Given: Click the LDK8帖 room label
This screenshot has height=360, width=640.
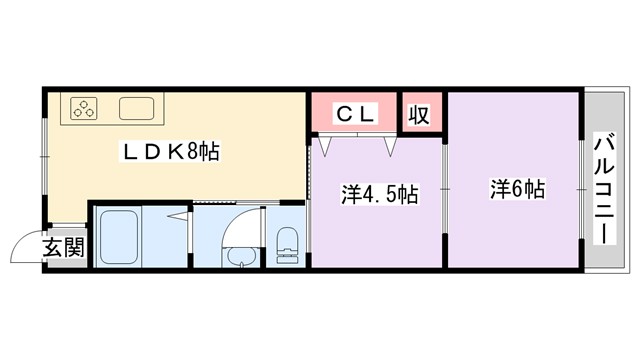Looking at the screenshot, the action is [170, 153].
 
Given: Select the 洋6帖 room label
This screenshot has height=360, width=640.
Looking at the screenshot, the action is [516, 188].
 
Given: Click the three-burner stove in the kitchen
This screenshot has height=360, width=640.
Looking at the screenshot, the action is [83, 108].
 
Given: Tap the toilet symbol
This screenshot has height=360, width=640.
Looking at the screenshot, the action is [287, 244].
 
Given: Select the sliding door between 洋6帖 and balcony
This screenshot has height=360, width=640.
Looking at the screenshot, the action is [582, 187].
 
